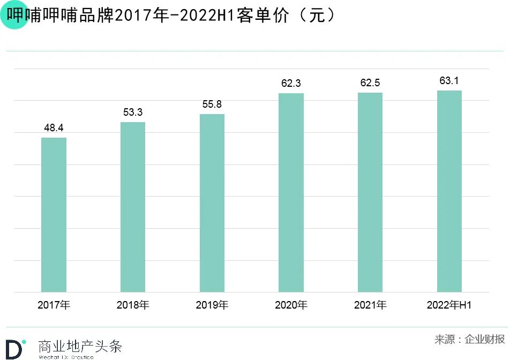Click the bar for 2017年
54,215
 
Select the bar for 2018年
133,207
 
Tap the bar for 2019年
212,203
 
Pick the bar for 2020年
291,193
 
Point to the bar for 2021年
370,192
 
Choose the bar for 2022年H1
449,191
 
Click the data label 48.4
54,128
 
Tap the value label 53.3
133,112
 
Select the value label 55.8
212,104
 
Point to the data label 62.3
291,84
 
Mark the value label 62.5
370,83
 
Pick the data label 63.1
449,81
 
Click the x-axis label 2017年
54,305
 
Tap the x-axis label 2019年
212,305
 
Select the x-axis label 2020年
291,305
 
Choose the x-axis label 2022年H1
449,305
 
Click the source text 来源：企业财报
469,339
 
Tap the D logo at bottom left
15,348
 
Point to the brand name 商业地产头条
80,346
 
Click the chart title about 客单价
171,16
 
